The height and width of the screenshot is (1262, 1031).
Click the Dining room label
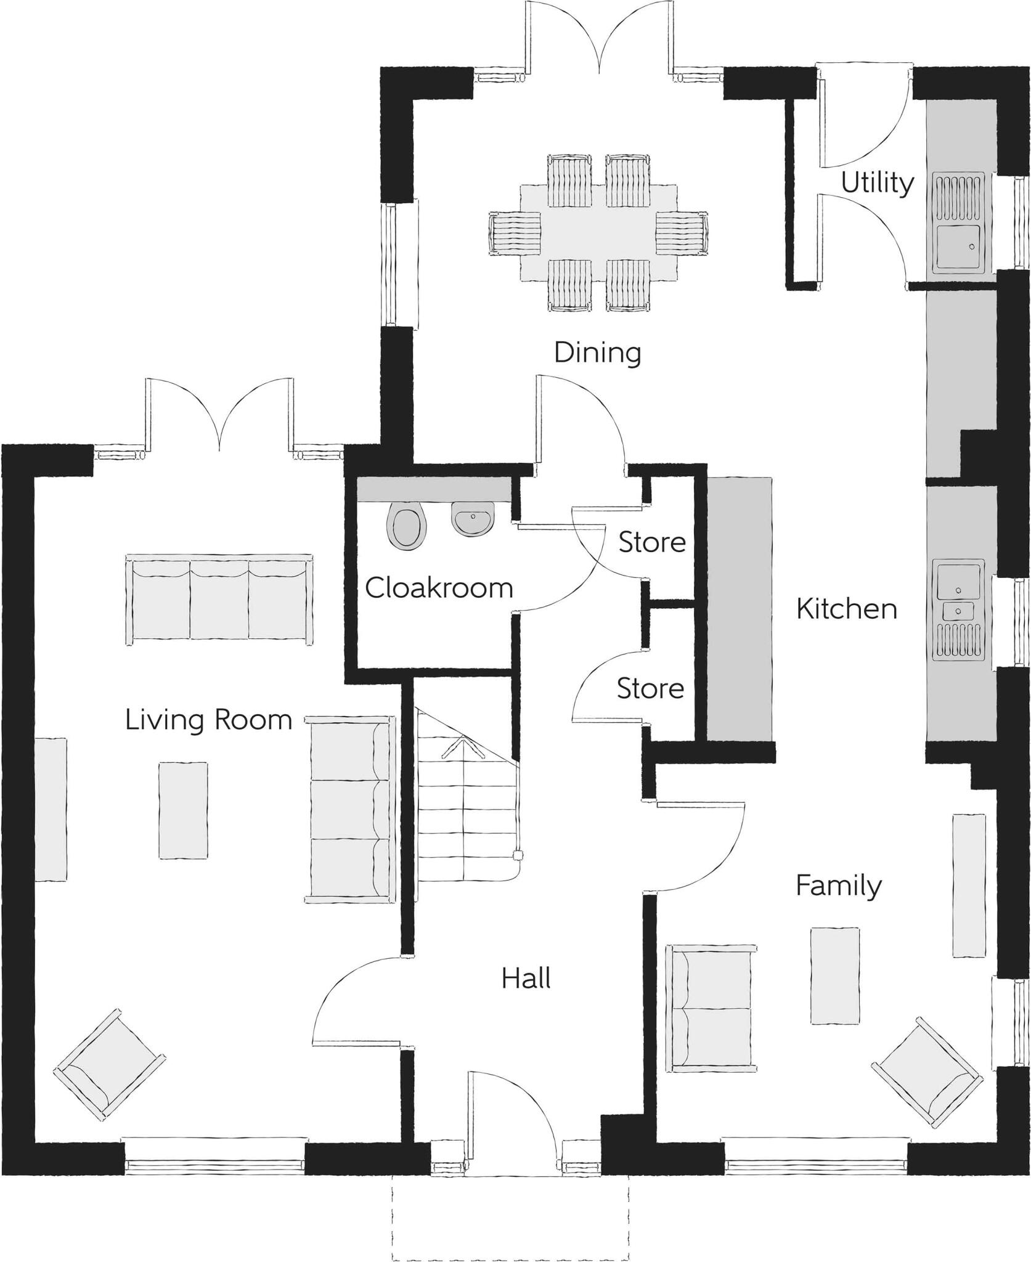coord(597,353)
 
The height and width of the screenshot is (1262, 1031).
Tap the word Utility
coord(877,183)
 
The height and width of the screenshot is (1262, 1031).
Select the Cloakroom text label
coord(439,588)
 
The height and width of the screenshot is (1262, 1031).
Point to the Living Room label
coord(208,720)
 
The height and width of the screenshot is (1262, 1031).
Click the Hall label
coord(526,978)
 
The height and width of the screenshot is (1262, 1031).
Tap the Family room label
coord(838,885)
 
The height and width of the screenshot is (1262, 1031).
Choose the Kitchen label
coord(846,609)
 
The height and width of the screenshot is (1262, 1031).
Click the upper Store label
coord(652,542)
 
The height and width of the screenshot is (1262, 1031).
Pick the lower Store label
coord(650,688)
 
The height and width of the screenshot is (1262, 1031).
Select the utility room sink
coord(959,246)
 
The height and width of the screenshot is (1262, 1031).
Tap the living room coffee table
coord(183,809)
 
